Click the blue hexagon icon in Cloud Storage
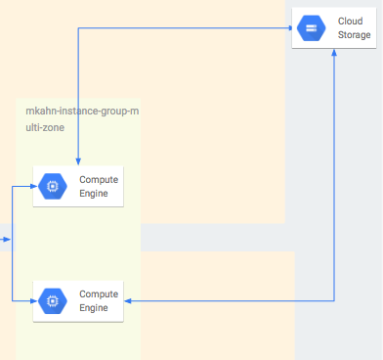[x=312, y=28]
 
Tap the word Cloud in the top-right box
[x=350, y=21]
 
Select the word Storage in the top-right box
[x=354, y=35]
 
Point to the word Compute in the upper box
[x=99, y=179]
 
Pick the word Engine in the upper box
[x=95, y=194]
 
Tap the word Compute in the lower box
[x=99, y=293]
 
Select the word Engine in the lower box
[x=95, y=308]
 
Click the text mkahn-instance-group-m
[x=82, y=112]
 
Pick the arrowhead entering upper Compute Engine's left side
[x=29, y=186]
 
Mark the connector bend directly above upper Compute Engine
[x=77, y=28]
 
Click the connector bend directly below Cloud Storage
[x=335, y=301]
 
